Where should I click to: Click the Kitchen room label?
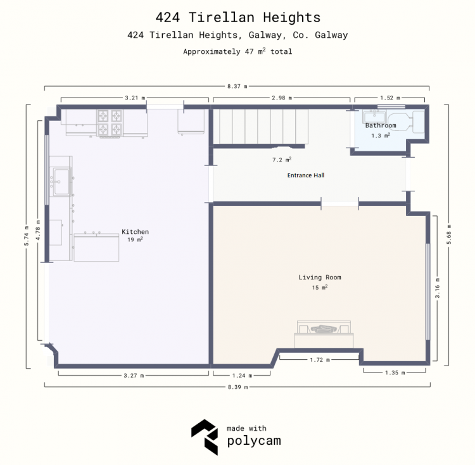[x=135, y=232]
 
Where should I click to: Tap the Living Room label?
[x=320, y=277]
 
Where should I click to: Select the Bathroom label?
[x=381, y=125]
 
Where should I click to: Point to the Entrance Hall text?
[x=306, y=175]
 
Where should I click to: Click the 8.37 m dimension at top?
[x=237, y=86]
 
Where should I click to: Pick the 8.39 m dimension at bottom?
[x=237, y=387]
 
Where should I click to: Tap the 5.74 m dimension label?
[x=27, y=236]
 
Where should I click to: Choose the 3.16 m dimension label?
[x=438, y=288]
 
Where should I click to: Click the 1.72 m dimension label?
[x=320, y=360]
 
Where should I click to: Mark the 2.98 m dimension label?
[x=282, y=98]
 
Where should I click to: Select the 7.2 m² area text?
[x=282, y=160]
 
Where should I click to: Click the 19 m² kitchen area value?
[x=135, y=239]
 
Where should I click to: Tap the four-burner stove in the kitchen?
[x=110, y=123]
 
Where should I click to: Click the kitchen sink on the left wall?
[x=61, y=182]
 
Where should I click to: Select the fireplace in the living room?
[x=324, y=334]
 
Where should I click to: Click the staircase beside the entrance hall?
[x=260, y=127]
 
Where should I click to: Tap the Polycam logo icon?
[x=205, y=437]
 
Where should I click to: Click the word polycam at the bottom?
[x=254, y=441]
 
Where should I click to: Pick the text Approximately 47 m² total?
[x=237, y=51]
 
